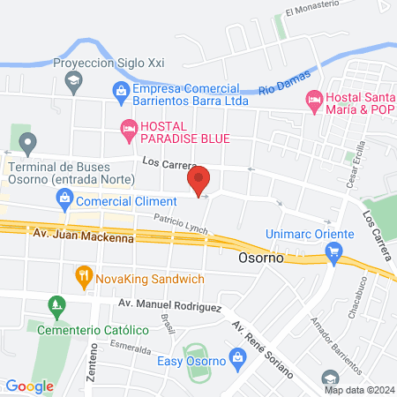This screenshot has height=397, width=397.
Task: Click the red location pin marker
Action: (198, 181)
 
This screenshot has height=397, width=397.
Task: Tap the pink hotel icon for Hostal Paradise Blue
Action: (129, 131)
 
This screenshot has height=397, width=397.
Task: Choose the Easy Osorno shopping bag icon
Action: (236, 357)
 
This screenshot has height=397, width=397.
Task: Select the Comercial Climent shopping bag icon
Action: (64, 201)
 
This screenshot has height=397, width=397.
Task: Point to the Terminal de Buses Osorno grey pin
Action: (28, 143)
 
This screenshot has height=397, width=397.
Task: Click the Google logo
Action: (30, 386)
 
